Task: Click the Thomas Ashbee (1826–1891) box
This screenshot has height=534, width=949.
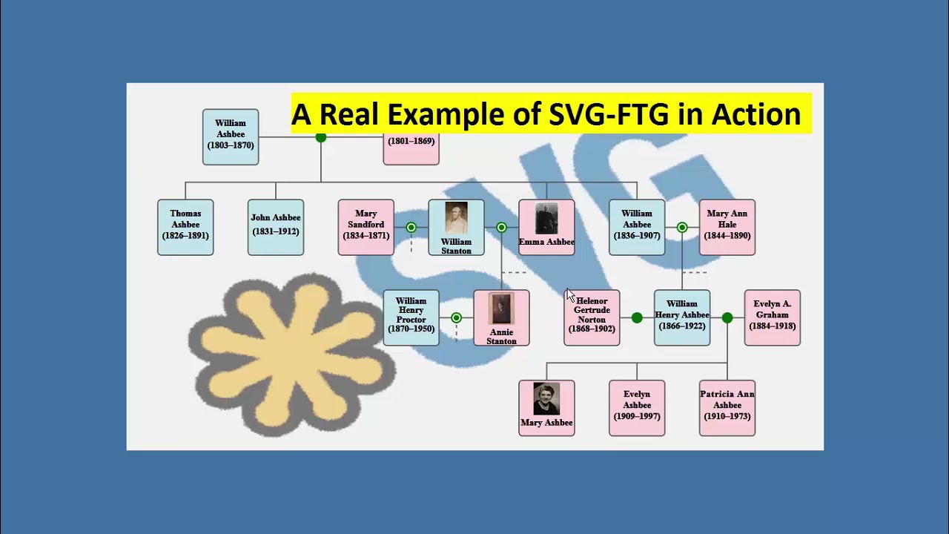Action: coord(185,227)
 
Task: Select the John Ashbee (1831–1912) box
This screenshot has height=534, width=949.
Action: coord(276,227)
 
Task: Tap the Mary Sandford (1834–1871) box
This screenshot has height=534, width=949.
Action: coord(366,227)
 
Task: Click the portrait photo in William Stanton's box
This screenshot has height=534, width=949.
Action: coord(456,218)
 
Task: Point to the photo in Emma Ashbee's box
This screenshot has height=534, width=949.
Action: coord(546,218)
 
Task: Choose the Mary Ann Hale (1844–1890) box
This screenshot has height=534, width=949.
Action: coord(727,227)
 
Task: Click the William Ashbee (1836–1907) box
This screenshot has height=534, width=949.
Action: coord(637,227)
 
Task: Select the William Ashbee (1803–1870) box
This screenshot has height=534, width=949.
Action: coord(231,136)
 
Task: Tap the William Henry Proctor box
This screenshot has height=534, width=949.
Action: coord(411,317)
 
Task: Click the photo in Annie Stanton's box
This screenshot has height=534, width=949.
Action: coord(501,309)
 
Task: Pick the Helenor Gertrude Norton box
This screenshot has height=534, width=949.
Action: coord(592,317)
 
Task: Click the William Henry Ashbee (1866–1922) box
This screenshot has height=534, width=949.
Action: coord(682,317)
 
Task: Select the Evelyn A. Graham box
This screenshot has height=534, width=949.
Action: coord(773,317)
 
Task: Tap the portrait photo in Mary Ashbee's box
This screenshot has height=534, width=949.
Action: coord(546,399)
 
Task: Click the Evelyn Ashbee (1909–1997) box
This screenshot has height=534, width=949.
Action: coord(637,408)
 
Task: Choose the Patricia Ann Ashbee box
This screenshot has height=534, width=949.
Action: coord(727,408)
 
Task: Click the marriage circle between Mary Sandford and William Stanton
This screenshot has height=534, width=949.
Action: coord(411,227)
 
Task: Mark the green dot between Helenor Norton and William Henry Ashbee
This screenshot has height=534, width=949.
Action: coord(637,317)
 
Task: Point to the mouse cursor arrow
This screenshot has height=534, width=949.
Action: coord(569,294)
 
